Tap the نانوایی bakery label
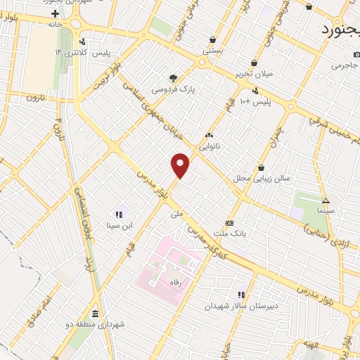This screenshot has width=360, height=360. [x=210, y=147]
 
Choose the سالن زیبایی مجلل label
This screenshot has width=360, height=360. [x=262, y=179]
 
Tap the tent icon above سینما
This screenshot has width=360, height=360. [x=326, y=200]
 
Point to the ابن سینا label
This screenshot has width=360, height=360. [x=119, y=225]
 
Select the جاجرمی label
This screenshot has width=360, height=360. [x=345, y=65]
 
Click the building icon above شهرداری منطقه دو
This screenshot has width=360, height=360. [x=95, y=314]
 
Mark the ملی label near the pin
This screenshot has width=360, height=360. [x=177, y=210]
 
